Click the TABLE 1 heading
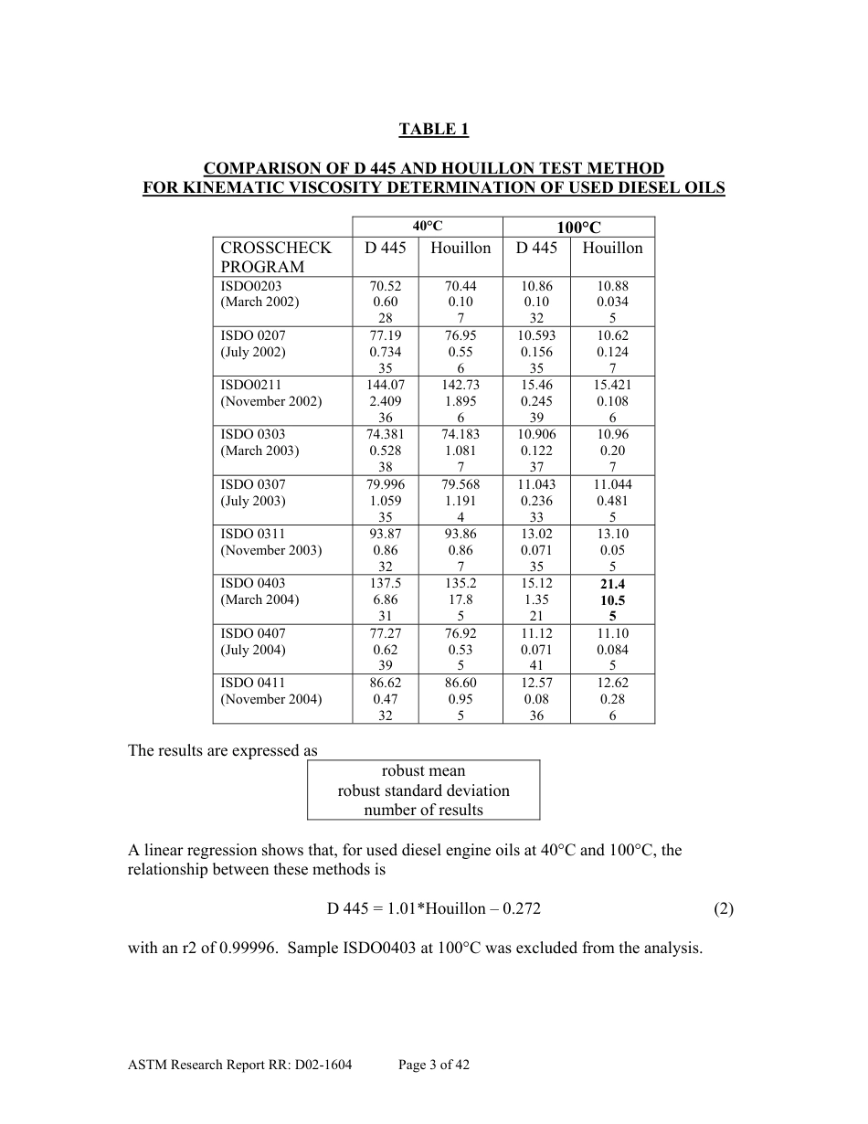tap(433, 130)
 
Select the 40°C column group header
tap(427, 227)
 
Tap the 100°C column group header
tap(578, 228)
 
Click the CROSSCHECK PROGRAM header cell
tap(276, 257)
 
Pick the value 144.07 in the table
tap(385, 386)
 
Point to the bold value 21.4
tap(612, 584)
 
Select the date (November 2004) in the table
tap(271, 699)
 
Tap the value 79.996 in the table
tap(385, 484)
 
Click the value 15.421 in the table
tap(612, 386)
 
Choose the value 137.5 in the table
tap(385, 584)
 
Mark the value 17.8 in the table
tap(460, 600)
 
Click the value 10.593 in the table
tap(536, 335)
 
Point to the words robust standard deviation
tap(423, 790)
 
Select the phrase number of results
tap(423, 810)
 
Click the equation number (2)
tap(723, 908)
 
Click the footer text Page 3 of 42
tap(434, 1065)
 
